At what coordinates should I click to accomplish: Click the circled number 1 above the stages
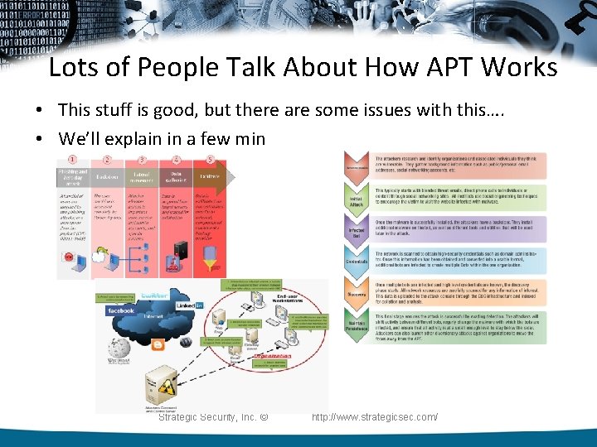click(x=73, y=161)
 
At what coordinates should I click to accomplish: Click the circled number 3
click(x=142, y=161)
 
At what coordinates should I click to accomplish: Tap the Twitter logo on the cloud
click(x=154, y=295)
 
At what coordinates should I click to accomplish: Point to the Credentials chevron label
click(x=355, y=262)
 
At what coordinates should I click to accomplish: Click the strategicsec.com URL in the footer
click(x=374, y=417)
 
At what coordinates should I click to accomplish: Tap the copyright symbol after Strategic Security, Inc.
click(x=264, y=416)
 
